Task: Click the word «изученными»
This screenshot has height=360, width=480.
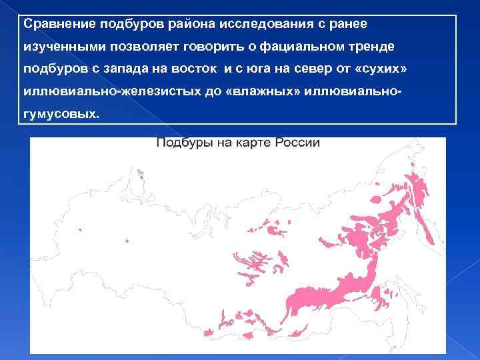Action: click(x=59, y=47)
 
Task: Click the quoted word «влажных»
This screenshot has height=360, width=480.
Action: click(x=262, y=92)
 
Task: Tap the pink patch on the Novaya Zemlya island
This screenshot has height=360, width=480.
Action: click(x=141, y=176)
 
